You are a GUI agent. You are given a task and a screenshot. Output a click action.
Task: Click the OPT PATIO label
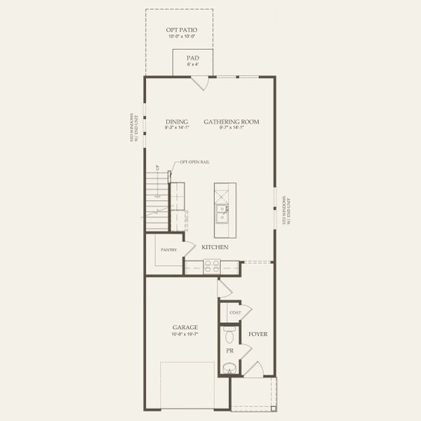point(181,30)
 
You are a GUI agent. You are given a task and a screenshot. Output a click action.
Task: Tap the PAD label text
point(192,58)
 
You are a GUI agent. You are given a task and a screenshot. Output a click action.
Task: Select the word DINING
point(177,121)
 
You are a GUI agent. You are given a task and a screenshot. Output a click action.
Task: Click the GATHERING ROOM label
point(232,121)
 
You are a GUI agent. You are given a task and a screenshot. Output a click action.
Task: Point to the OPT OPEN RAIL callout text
point(195,162)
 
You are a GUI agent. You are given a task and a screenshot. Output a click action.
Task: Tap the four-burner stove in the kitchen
point(211,265)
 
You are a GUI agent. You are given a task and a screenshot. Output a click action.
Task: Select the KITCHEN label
point(215,248)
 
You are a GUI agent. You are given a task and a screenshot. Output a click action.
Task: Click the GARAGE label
point(185,327)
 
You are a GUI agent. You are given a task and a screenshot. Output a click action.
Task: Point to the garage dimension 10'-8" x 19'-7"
point(185,334)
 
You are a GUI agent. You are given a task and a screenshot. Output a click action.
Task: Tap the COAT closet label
point(235,312)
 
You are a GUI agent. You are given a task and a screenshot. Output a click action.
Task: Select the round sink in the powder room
point(229,367)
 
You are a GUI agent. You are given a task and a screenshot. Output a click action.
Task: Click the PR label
point(229,350)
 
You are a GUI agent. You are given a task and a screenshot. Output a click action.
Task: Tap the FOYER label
point(258,334)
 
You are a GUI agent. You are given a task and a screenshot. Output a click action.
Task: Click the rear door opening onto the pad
point(201,83)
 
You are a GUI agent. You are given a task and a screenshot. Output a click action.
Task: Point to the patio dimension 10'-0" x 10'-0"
point(181,36)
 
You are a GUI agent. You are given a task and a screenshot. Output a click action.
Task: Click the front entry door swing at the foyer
point(257,369)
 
